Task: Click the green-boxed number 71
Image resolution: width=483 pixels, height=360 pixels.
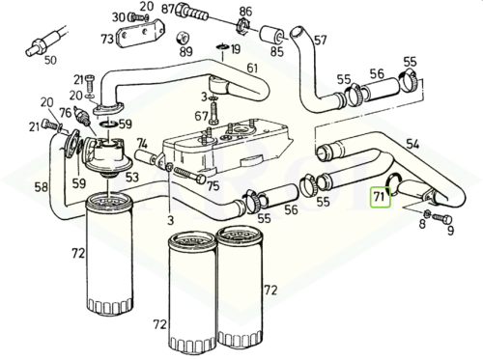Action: click(x=380, y=196)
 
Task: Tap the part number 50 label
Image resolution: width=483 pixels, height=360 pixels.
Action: click(x=50, y=60)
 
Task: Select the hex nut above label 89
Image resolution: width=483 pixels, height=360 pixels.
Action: click(x=183, y=38)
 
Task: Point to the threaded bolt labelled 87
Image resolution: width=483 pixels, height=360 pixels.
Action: click(x=192, y=12)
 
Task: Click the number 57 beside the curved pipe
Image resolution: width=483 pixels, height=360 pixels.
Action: click(x=321, y=41)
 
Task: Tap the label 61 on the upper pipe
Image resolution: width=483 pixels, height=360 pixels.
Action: click(x=252, y=68)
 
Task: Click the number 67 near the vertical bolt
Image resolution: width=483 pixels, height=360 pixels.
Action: click(x=201, y=116)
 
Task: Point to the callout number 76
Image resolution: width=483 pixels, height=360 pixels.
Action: click(x=66, y=113)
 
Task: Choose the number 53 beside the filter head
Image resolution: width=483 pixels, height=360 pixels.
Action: click(x=132, y=178)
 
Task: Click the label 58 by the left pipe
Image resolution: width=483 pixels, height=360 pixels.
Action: click(x=42, y=187)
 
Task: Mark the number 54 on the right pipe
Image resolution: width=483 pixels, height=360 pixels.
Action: click(x=412, y=144)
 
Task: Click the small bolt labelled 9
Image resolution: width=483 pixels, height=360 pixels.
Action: click(x=442, y=219)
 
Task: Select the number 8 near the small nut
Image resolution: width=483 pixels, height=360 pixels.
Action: click(x=422, y=224)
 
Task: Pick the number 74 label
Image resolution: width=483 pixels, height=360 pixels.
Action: click(x=142, y=144)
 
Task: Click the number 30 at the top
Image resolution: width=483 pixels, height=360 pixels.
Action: click(x=118, y=17)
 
